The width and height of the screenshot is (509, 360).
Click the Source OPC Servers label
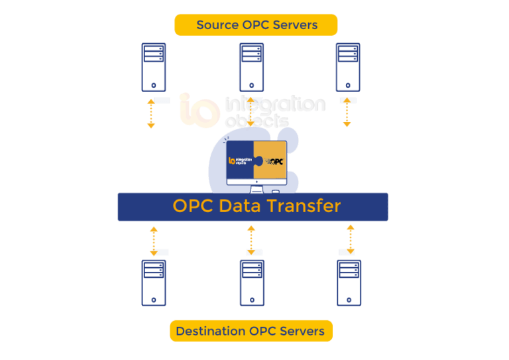click(256, 25)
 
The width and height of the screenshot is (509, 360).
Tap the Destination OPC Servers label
click(251, 331)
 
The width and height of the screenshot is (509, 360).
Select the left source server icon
click(154, 67)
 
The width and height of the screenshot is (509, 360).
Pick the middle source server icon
click(251, 67)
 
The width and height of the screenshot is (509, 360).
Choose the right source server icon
click(348, 67)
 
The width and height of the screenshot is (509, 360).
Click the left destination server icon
click(154, 282)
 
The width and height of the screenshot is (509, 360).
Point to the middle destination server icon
click(251, 282)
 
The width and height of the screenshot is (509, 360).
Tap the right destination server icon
click(349, 282)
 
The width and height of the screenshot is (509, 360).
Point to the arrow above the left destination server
click(154, 240)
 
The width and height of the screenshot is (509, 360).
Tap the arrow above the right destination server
click(351, 239)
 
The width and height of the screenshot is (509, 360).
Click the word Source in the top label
click(218, 25)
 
